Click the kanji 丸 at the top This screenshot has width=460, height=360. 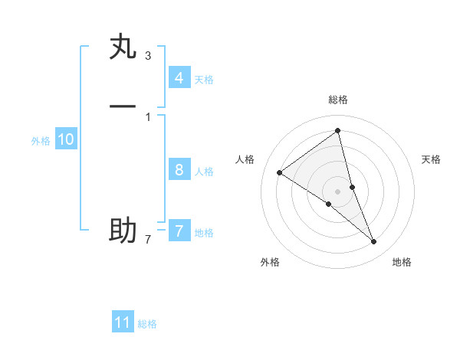coord(123,47)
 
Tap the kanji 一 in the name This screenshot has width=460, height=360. coord(123,106)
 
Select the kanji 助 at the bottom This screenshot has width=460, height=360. coord(123,230)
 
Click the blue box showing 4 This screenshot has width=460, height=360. coord(179,78)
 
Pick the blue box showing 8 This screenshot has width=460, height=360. coord(179,170)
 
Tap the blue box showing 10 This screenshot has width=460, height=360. coord(65,139)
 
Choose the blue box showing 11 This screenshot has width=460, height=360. coord(123,322)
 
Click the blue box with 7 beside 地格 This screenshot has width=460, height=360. coord(179,231)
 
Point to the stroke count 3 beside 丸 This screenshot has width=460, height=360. coord(148,56)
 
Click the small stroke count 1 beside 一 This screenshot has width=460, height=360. coord(148,116)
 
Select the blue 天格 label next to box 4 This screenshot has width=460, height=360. coord(204,80)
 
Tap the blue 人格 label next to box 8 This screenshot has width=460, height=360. coord(204,172)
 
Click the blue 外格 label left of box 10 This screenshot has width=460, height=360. coord(41,141)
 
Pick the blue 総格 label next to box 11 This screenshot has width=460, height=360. coord(147,324)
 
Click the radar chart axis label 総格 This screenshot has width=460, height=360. coord(338,100)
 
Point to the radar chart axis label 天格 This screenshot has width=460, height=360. coord(432,159)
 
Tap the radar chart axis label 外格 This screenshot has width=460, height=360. coord(270,262)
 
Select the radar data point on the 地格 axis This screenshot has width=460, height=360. coord(374,241)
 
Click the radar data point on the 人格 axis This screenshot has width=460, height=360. coord(279,172)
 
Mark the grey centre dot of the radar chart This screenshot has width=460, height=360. coord(338,191)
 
